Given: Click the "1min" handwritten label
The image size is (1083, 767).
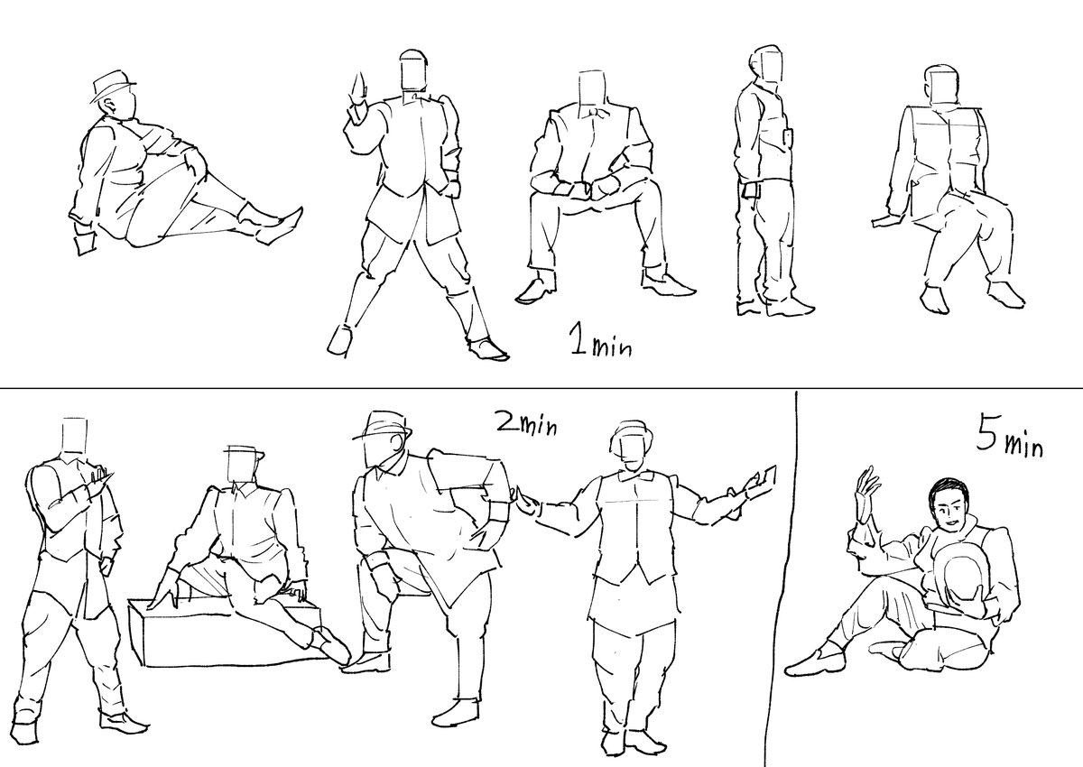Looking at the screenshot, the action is click(600, 342).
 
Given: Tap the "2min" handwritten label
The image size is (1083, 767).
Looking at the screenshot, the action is click(527, 424).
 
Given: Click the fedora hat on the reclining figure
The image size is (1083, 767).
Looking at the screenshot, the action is click(113, 86).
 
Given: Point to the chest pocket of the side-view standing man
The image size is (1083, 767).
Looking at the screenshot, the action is click(788, 137).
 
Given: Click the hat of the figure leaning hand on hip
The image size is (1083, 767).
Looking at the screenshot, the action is click(383, 426).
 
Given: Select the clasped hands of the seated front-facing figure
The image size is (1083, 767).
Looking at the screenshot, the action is click(586, 188).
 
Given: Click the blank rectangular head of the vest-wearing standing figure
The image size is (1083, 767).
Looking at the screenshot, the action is click(76, 436).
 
